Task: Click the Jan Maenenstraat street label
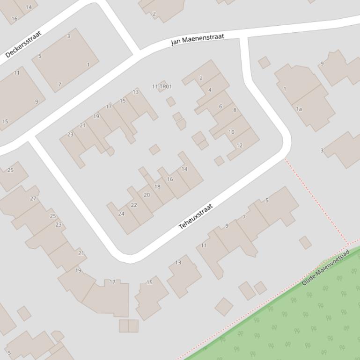197,39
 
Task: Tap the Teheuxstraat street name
196,216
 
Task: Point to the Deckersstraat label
23,44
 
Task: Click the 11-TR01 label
162,86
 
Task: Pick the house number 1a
299,109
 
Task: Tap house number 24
121,214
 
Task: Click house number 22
134,205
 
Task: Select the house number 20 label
147,195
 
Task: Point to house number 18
157,187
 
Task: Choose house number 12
240,145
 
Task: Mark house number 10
231,132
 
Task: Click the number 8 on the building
235,110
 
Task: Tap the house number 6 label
220,107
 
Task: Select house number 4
210,90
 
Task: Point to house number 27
33,198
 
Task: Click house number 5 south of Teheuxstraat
267,201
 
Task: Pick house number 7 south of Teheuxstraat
244,217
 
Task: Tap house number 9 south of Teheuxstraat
227,226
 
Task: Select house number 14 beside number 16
184,169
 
